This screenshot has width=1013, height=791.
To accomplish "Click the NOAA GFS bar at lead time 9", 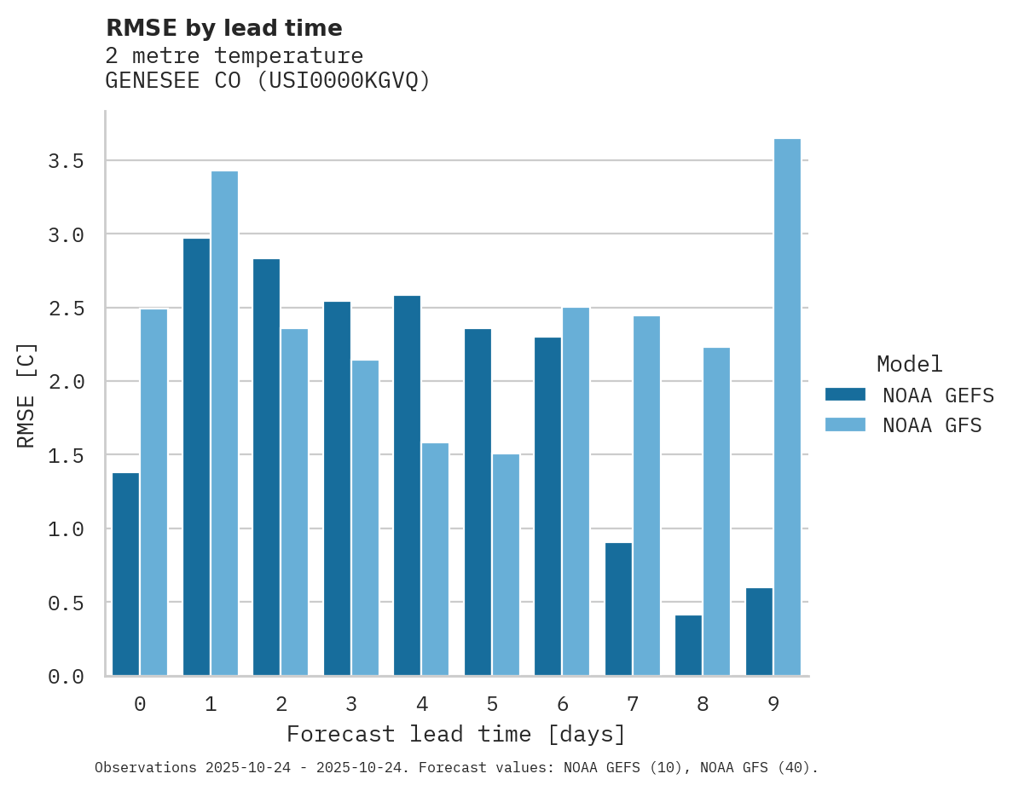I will (x=787, y=407).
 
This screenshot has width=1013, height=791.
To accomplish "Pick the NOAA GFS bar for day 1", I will (x=224, y=423).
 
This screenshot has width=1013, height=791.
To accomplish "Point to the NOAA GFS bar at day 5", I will (x=506, y=564).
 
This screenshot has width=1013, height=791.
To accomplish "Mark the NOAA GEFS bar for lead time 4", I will (x=407, y=485).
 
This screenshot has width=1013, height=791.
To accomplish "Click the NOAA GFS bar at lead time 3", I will (x=365, y=517).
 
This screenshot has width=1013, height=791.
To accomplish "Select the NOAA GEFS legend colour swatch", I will (x=845, y=395).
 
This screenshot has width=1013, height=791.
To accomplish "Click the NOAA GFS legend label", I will (x=932, y=425).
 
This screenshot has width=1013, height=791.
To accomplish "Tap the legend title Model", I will (x=909, y=365).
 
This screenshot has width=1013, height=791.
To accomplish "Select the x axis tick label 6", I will (x=562, y=704).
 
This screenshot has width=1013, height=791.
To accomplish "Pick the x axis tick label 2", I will (x=281, y=704).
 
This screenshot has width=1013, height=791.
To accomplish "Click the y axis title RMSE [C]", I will (x=26, y=395).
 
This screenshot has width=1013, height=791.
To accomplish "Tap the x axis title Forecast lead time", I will (x=456, y=734).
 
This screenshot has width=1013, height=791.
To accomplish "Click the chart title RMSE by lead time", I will (x=223, y=28).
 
